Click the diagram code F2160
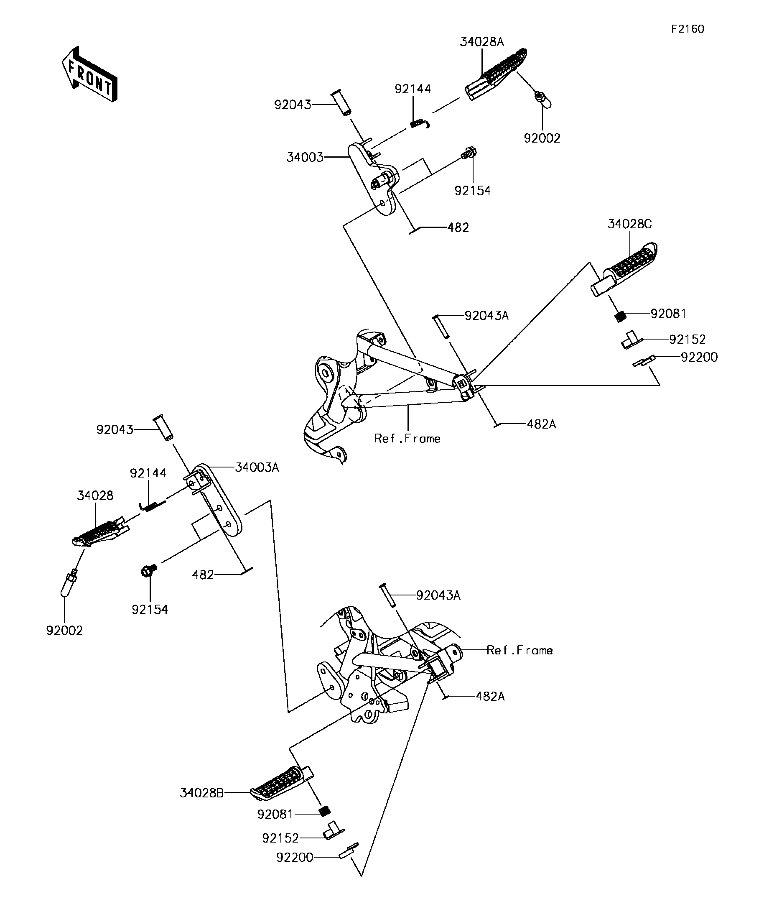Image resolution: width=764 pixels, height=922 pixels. click(687, 29)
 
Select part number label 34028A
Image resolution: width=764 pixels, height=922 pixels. click(481, 42)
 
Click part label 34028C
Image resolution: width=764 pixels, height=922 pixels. click(629, 225)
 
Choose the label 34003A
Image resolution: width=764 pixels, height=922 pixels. click(257, 467)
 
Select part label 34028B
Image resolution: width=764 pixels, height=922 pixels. click(201, 793)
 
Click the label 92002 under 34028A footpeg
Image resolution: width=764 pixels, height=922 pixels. click(542, 138)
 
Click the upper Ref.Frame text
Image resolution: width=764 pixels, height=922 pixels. click(407, 439)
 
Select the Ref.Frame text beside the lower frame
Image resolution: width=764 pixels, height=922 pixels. click(520, 650)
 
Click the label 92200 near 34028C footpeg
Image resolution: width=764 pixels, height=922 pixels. click(699, 358)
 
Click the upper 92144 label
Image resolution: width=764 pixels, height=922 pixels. click(413, 89)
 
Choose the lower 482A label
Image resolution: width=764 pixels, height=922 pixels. click(490, 696)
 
